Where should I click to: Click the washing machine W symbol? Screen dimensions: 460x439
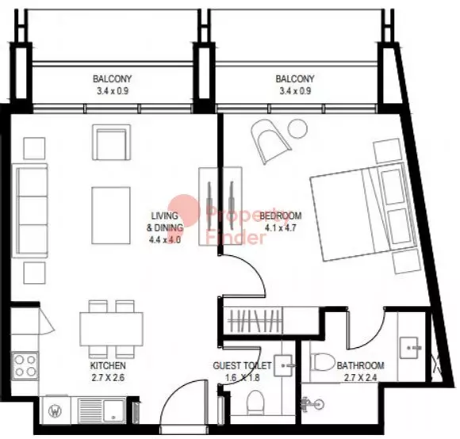pos(56,410)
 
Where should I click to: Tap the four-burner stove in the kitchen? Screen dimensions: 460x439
pos(25,366)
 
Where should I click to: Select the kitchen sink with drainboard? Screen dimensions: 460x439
pos(102,410)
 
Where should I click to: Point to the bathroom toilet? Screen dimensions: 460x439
pos(323,362)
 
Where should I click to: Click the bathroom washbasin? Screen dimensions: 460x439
pos(411,348)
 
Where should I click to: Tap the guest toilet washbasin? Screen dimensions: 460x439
pos(283,366)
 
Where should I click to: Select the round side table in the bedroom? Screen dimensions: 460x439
pos(297,128)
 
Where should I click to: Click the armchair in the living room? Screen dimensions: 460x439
pos(112,143)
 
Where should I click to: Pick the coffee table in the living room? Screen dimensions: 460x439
pos(111,216)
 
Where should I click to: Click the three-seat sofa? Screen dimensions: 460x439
pos(30,211)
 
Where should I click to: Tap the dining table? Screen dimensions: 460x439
pos(112,329)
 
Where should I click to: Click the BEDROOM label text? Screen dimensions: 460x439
pos(281,216)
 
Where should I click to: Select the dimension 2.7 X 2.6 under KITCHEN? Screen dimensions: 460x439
pos(108,378)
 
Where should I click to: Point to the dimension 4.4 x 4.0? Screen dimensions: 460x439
pos(165,240)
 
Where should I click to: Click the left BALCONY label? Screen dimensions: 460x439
pos(112,78)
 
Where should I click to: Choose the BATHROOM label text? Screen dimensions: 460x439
pos(360,365)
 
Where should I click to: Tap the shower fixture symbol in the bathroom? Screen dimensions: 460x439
pos(312,404)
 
